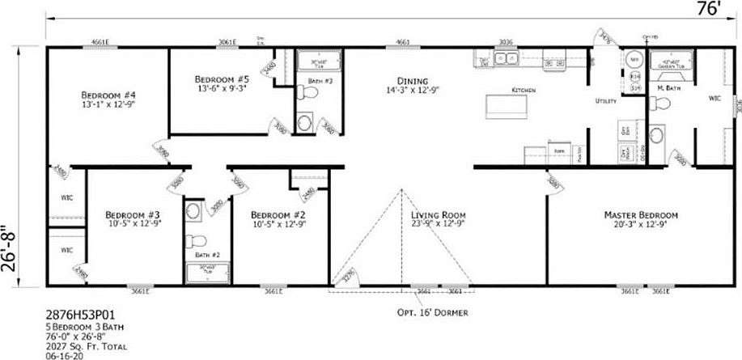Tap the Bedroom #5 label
tap(220, 79)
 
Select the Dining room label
tap(413, 80)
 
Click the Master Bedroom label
tap(641, 214)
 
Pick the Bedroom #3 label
tap(133, 214)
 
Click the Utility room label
tap(607, 101)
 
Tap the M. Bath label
tap(668, 87)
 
